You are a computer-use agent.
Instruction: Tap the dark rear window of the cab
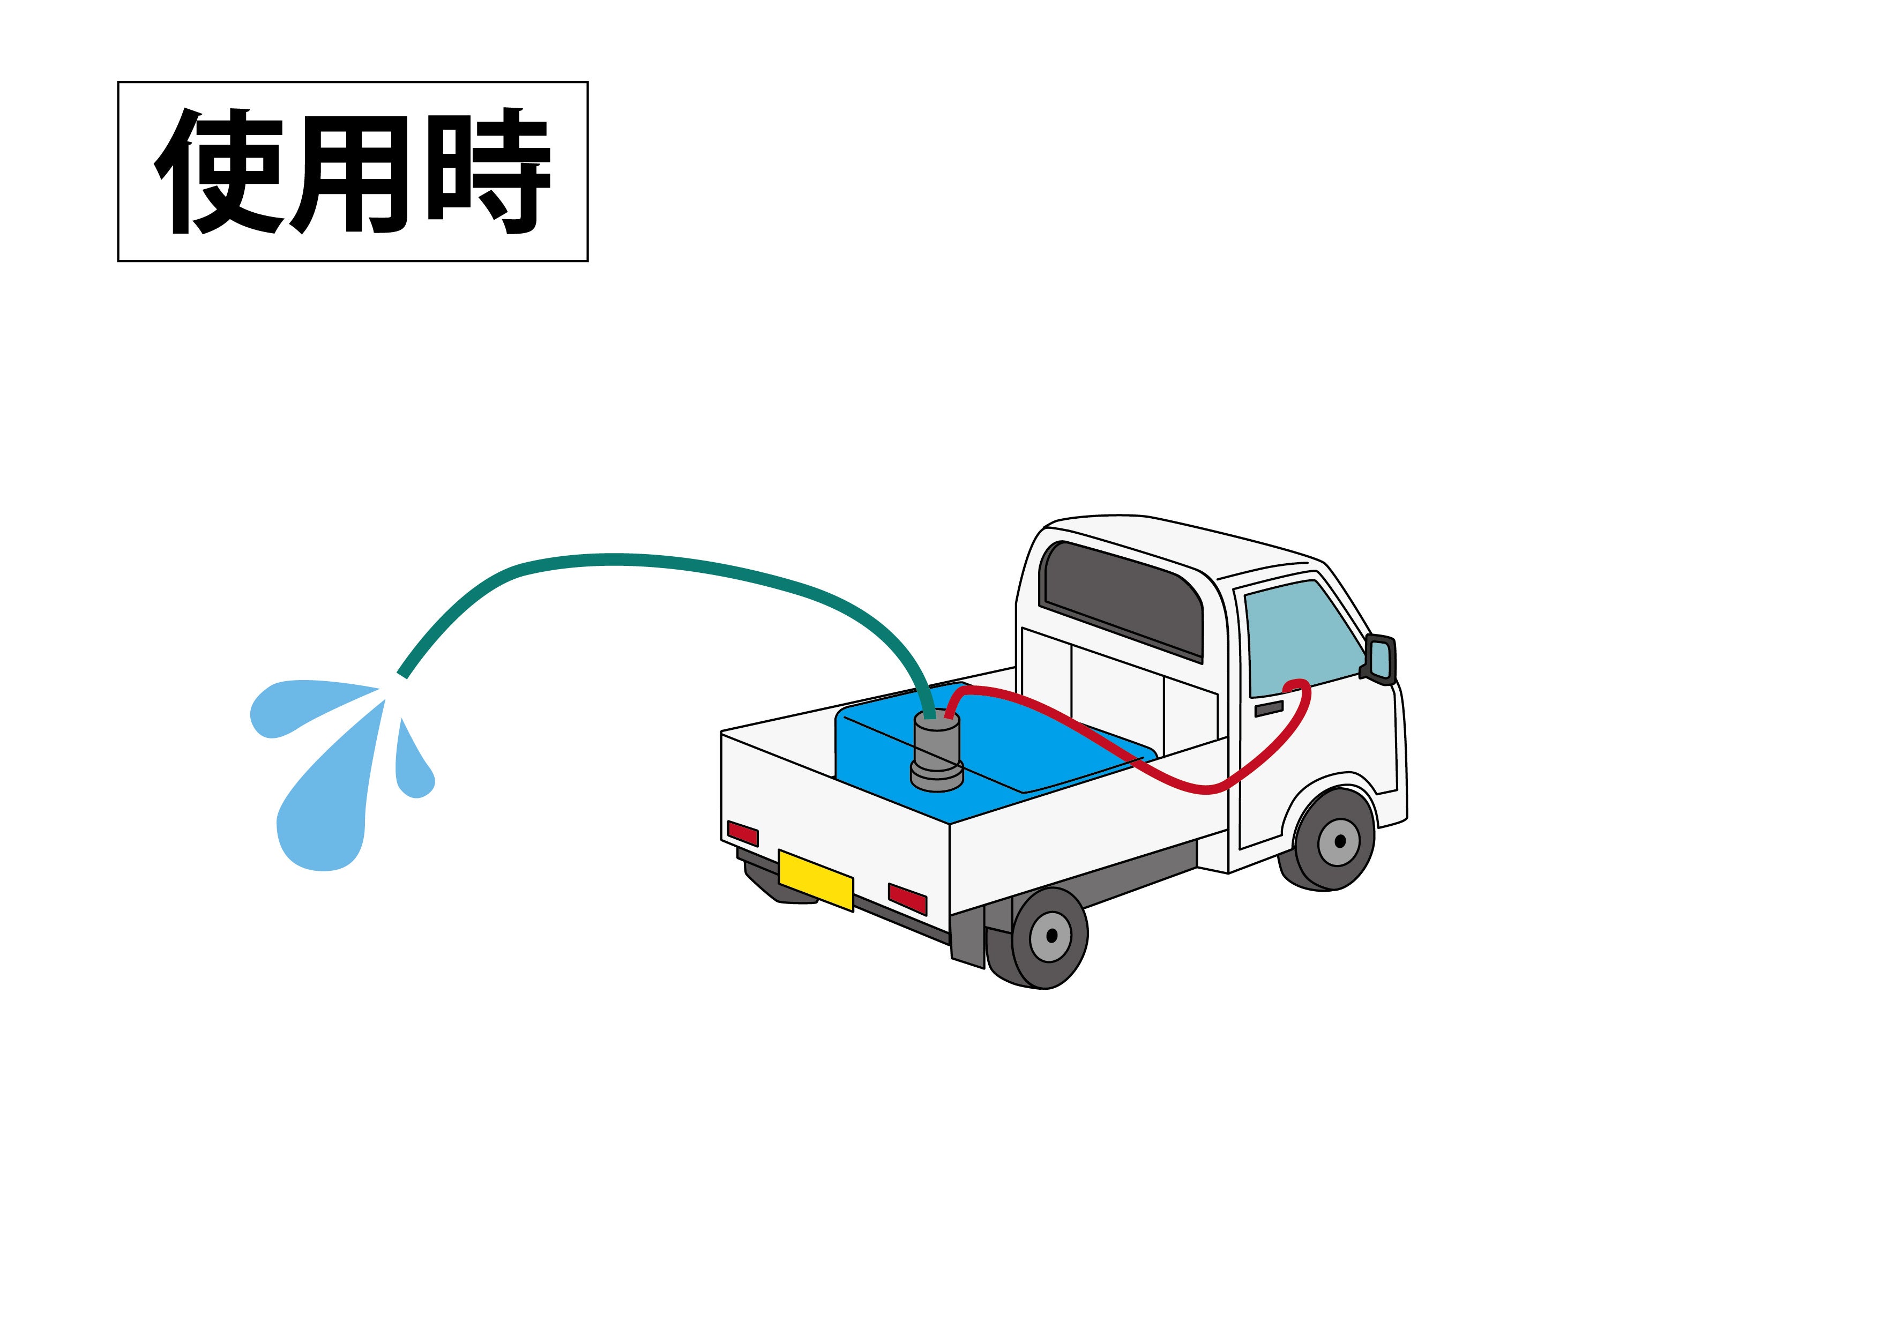pyautogui.click(x=1122, y=598)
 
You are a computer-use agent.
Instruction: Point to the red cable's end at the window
pyautogui.click(x=1298, y=684)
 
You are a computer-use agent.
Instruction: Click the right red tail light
pyautogui.click(x=907, y=898)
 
